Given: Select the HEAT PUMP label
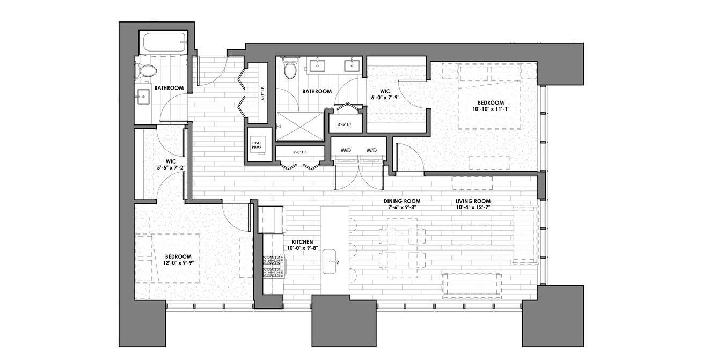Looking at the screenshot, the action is [x=257, y=145].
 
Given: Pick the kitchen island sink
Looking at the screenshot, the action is [x=330, y=261].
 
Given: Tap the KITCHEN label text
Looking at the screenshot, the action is [x=302, y=242].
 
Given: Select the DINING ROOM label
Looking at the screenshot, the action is [x=402, y=201].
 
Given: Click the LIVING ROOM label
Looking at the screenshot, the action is [x=473, y=201].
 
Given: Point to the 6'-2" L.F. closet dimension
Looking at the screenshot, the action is [x=263, y=95].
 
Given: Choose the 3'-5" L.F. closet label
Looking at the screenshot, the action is [x=345, y=124].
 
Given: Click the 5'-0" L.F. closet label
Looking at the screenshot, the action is [x=300, y=152].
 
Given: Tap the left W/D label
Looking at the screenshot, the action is [x=346, y=150].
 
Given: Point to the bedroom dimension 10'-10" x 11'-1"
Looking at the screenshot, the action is [x=491, y=109].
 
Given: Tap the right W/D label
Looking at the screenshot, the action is [x=371, y=150].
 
